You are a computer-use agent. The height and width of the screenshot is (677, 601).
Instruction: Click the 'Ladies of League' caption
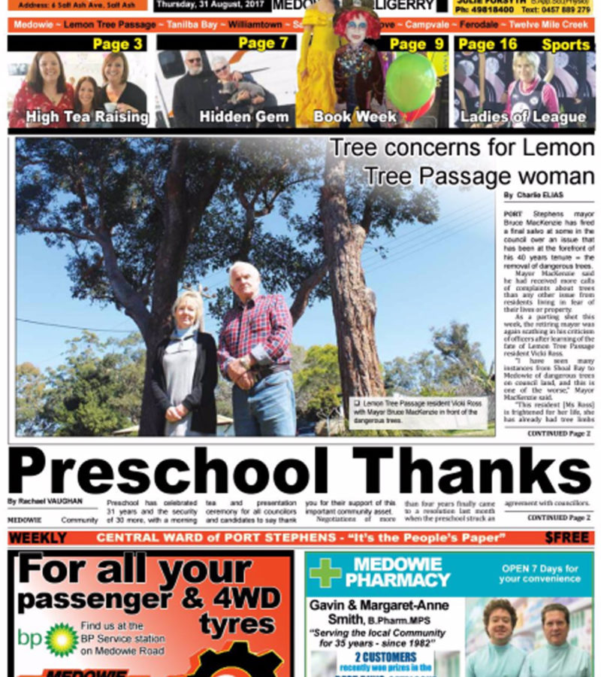(x=523, y=117)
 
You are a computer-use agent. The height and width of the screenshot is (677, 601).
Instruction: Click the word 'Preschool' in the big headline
(x=168, y=472)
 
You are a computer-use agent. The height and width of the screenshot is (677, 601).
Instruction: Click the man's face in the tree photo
(x=244, y=281)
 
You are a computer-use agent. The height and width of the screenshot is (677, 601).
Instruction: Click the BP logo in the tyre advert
(x=61, y=639)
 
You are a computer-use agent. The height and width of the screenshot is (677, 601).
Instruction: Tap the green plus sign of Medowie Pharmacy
(x=325, y=572)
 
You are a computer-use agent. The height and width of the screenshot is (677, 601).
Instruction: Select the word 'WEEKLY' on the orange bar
(x=38, y=539)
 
